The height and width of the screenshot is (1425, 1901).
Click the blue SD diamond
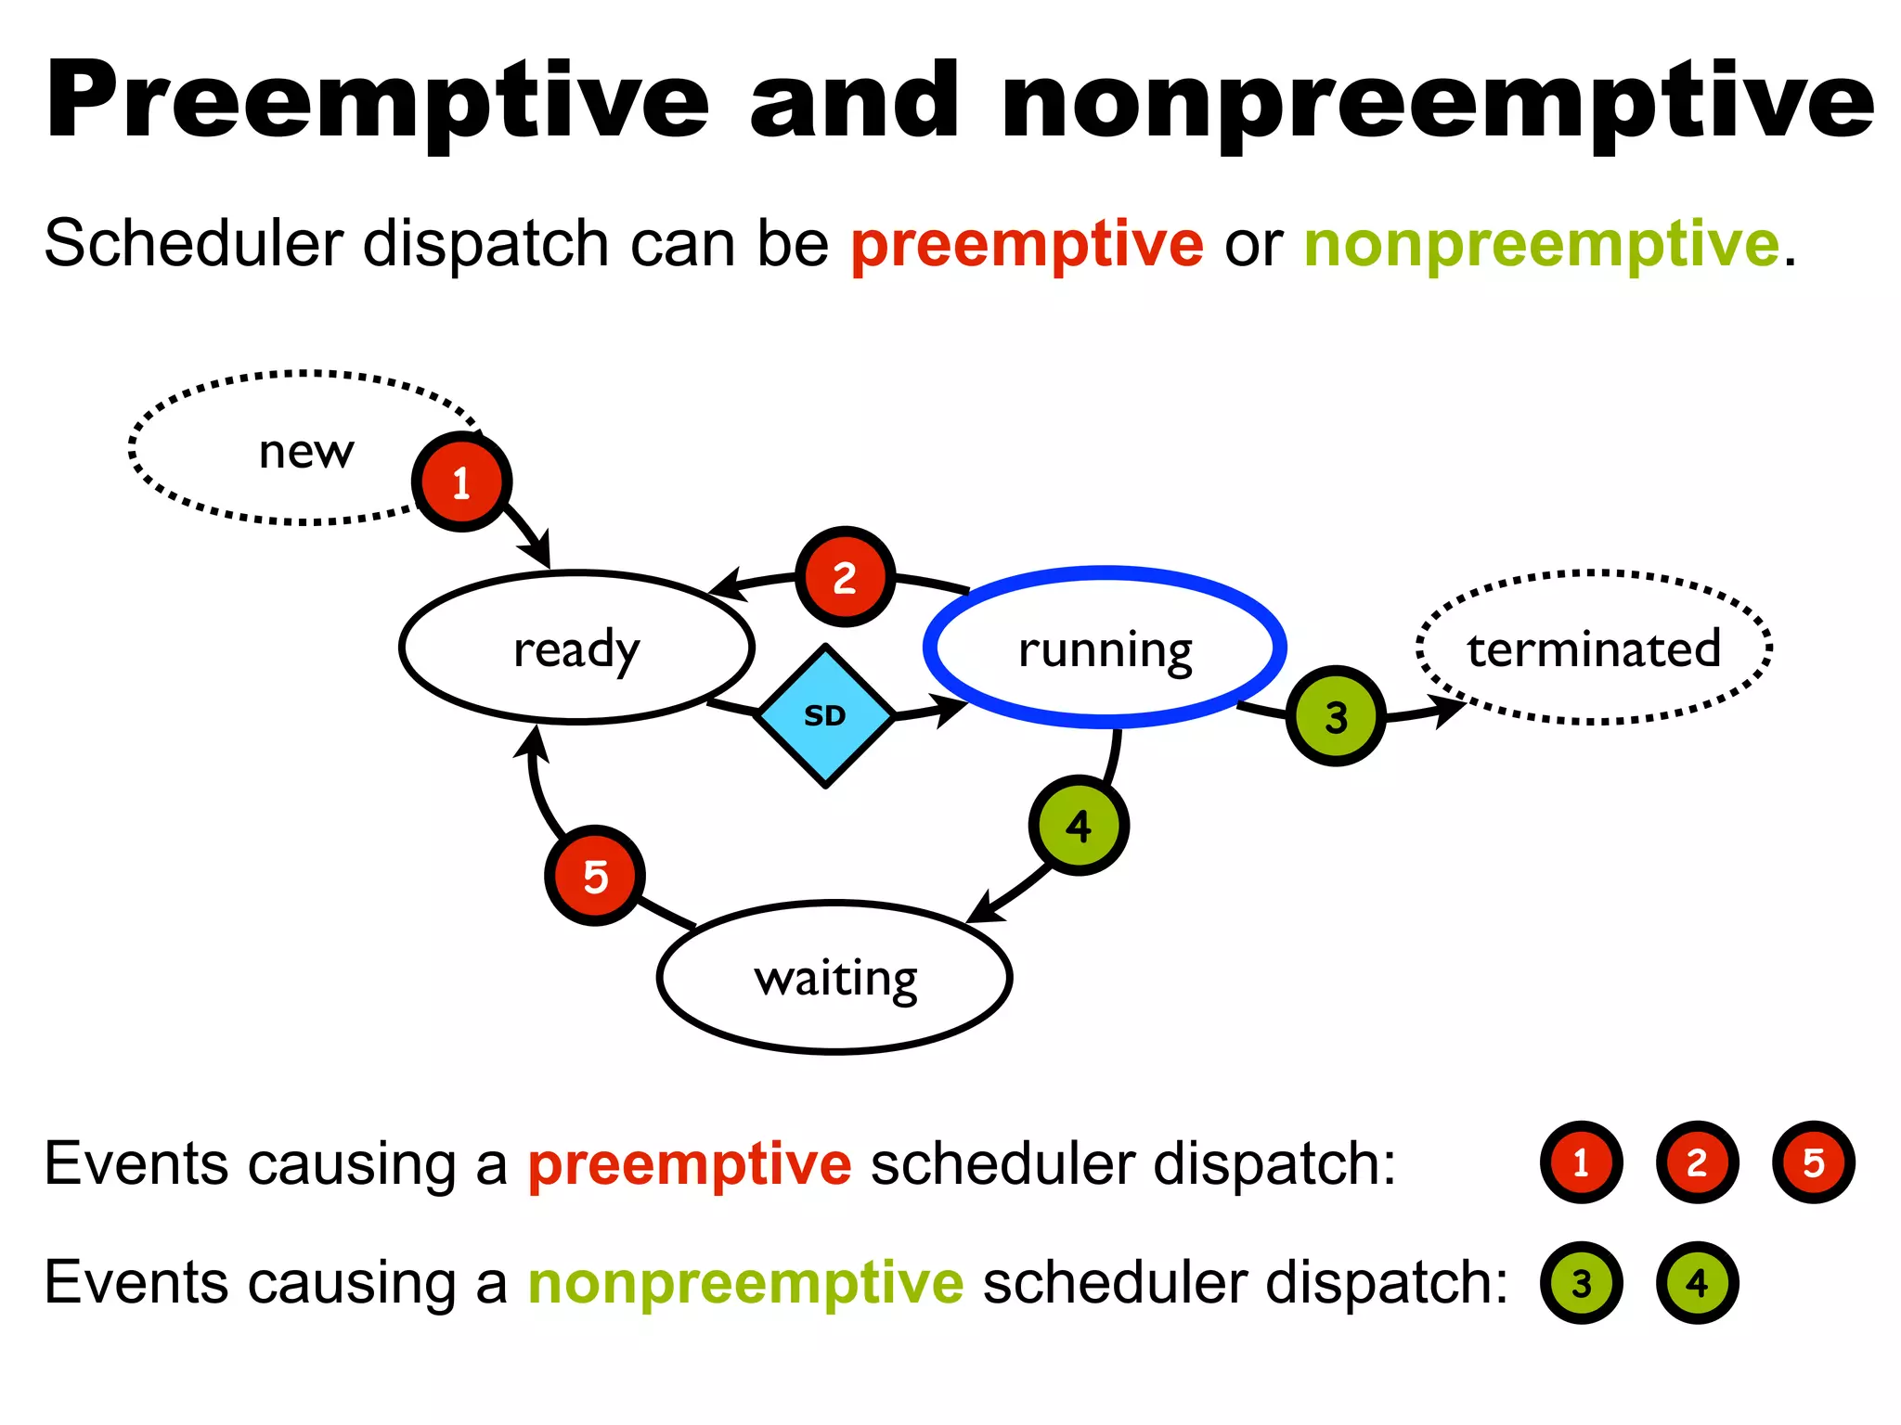coord(825,715)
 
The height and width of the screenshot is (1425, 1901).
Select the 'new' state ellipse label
coord(306,452)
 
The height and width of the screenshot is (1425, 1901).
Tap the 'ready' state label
coord(576,648)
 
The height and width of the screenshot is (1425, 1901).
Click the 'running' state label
coord(1105,648)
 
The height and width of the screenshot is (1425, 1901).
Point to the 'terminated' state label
coord(1594,648)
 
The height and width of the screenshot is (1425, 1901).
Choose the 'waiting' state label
coord(835,978)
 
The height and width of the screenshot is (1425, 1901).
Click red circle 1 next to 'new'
coord(461,482)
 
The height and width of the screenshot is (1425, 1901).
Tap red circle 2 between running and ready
coord(845,578)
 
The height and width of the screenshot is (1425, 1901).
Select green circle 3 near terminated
coord(1336,716)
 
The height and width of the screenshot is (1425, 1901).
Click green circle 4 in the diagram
coord(1079,826)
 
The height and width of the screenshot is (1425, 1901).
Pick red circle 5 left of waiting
coord(595,876)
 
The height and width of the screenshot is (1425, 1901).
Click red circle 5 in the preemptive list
coord(1813,1162)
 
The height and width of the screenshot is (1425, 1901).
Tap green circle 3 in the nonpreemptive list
coord(1581,1283)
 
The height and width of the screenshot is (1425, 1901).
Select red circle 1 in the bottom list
coord(1581,1162)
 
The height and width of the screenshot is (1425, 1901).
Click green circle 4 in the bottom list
coord(1697,1283)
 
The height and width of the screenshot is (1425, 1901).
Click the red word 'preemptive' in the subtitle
coord(1027,245)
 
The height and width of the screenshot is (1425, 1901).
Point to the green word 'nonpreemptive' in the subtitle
coord(1542,245)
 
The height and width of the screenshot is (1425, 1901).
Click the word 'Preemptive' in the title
coord(376,100)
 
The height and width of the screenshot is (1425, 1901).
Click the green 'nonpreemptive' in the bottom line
coord(745,1283)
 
